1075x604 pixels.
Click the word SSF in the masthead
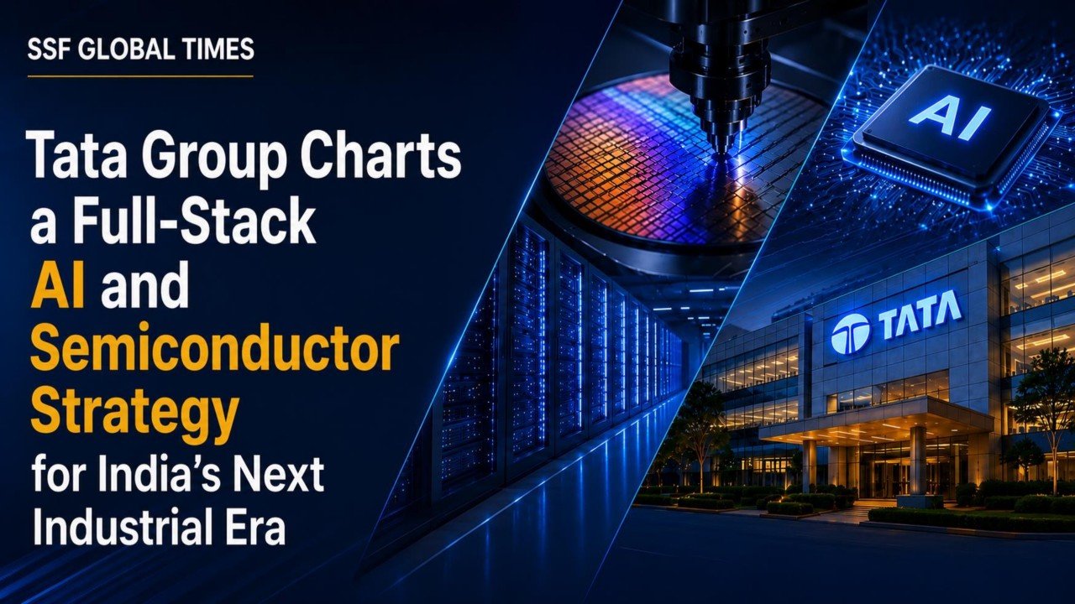point(45,49)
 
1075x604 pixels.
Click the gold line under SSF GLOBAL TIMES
point(140,75)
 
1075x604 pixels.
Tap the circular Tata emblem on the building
point(851,333)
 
